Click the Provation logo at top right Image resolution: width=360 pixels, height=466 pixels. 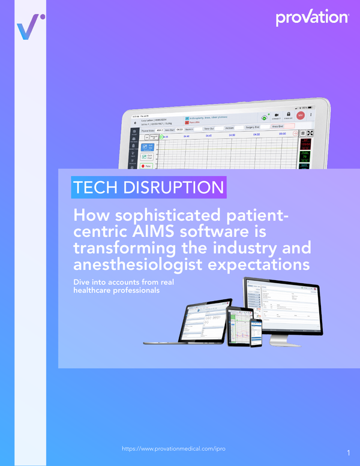[x=312, y=17]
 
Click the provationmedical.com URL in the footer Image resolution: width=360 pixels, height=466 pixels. [x=174, y=449]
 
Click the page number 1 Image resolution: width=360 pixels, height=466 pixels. [x=349, y=452]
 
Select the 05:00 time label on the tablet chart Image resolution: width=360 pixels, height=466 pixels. [x=282, y=134]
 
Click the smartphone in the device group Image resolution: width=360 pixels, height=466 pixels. [x=256, y=332]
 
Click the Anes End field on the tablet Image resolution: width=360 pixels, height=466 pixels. [x=280, y=127]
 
